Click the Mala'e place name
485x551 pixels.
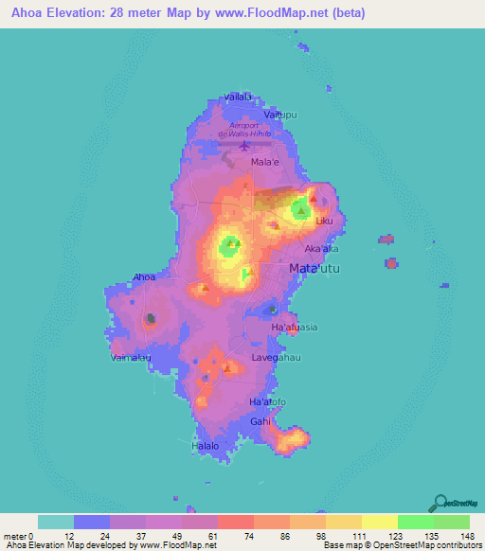[x=263, y=162]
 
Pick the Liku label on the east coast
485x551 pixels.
[x=326, y=221]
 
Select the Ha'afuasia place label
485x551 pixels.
[x=295, y=327]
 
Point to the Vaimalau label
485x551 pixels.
[x=131, y=358]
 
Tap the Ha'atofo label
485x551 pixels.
[x=267, y=402]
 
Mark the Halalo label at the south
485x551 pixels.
[x=206, y=445]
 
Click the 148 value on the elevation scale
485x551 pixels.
[x=468, y=536]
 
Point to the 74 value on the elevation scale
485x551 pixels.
[x=223, y=536]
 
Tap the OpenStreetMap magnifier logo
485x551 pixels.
[x=439, y=502]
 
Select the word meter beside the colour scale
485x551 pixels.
[x=15, y=536]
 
